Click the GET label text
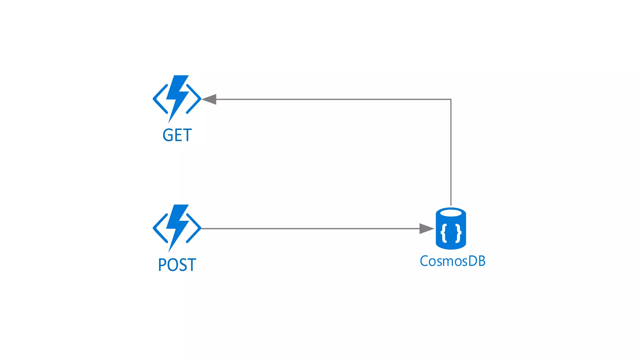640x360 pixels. pos(177,135)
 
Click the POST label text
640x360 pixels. pos(177,265)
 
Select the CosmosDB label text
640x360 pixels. pos(452,261)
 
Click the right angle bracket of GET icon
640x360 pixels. pos(194,99)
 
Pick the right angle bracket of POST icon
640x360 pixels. pos(194,228)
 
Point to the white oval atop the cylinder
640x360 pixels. pos(451,213)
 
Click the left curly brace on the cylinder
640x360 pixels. pos(444,233)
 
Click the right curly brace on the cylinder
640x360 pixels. pos(458,233)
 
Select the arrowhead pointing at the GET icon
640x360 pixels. pos(210,99)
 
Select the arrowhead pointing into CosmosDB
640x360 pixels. pos(426,229)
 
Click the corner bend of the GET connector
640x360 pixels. pos(451,99)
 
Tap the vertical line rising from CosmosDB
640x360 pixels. pos(451,153)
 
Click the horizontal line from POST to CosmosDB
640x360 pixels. pos(309,229)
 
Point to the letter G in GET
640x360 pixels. pos(168,135)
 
